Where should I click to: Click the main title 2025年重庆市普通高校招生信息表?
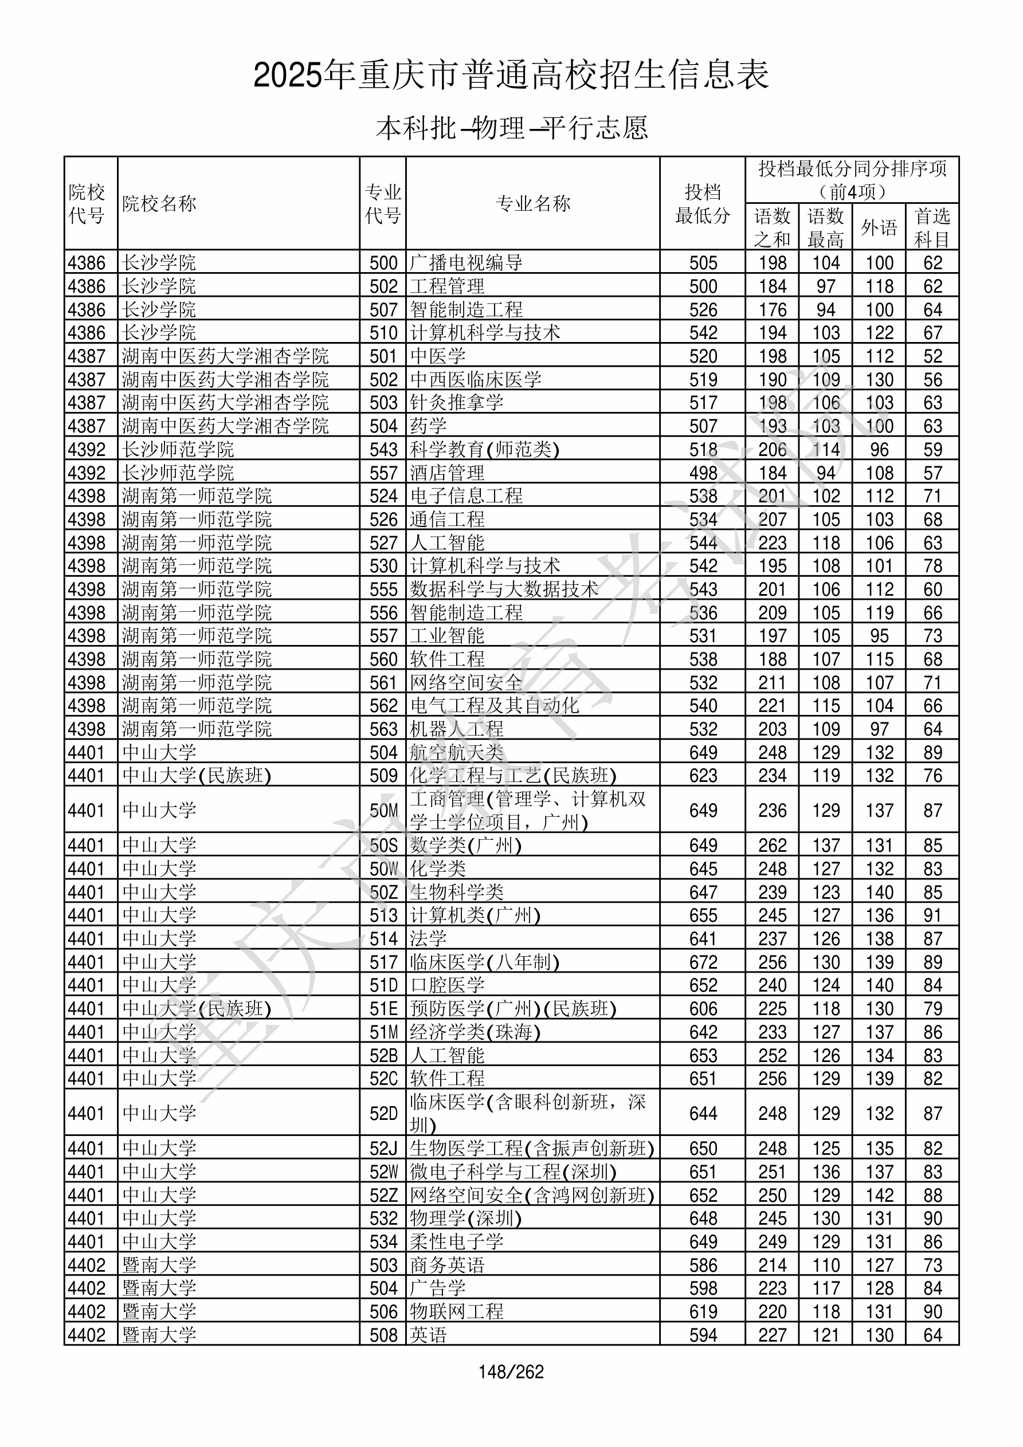pyautogui.click(x=511, y=76)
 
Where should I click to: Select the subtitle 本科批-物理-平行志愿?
pyautogui.click(x=511, y=128)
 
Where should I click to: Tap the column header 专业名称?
pyautogui.click(x=533, y=203)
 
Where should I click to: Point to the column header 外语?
pyautogui.click(x=879, y=227)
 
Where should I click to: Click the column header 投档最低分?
pyautogui.click(x=703, y=203)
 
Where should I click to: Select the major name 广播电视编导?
pyautogui.click(x=466, y=263)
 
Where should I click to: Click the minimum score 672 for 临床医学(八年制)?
pyautogui.click(x=703, y=962)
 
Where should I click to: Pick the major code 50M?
pyautogui.click(x=383, y=811)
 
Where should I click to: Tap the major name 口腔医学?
pyautogui.click(x=447, y=986)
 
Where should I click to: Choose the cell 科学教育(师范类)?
pyautogui.click(x=484, y=449)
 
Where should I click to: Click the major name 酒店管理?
pyautogui.click(x=447, y=473)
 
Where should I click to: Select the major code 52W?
pyautogui.click(x=383, y=1172)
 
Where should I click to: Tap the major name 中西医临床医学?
pyautogui.click(x=476, y=379)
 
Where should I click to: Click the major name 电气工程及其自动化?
pyautogui.click(x=494, y=706)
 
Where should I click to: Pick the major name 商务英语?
pyautogui.click(x=447, y=1265)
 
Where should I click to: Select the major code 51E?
pyautogui.click(x=383, y=1009)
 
